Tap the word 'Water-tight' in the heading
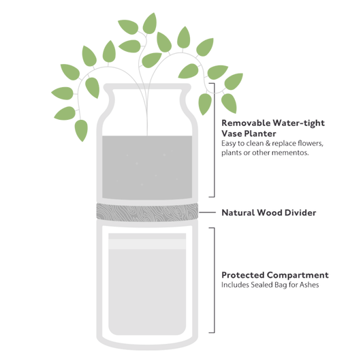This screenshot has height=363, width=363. click(299, 123)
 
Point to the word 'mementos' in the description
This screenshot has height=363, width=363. click(291, 153)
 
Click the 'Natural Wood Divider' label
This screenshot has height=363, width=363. click(268, 212)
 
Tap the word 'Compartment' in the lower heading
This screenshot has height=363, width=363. click(299, 275)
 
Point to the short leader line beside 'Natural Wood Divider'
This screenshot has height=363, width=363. click(208, 212)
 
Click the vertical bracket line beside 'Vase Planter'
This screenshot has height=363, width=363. click(216, 140)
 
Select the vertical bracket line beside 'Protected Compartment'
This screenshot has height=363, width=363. click(216, 280)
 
